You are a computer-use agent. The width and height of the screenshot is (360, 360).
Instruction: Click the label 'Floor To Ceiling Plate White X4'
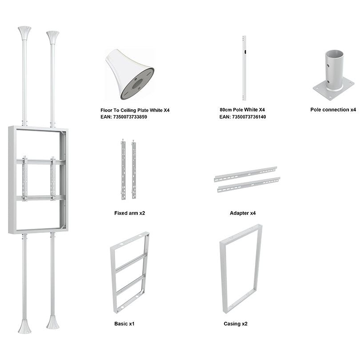135,110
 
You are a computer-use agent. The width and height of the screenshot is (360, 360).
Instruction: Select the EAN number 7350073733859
130,117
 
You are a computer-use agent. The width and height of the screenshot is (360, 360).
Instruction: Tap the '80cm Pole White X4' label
242,110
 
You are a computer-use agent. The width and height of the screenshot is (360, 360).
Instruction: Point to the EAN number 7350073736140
249,117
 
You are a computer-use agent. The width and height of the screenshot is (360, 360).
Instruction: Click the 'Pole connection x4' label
333,110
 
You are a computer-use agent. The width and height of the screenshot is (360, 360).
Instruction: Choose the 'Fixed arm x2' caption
130,213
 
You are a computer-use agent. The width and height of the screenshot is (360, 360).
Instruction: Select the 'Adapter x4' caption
243,213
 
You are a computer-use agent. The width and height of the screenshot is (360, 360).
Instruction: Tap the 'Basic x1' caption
124,324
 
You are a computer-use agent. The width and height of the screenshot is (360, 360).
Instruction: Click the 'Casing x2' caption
236,324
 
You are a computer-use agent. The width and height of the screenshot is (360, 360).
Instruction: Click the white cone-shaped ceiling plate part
130,74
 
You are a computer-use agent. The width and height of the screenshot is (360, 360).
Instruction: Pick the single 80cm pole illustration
244,68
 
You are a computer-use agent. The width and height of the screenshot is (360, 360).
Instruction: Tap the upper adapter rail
245,174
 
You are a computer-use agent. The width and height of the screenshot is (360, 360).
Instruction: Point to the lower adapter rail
248,184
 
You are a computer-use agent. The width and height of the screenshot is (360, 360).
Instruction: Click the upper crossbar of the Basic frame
131,262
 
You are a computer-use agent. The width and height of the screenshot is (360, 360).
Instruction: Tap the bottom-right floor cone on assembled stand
52,322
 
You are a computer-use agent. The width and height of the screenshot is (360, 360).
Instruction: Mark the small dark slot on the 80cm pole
245,52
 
